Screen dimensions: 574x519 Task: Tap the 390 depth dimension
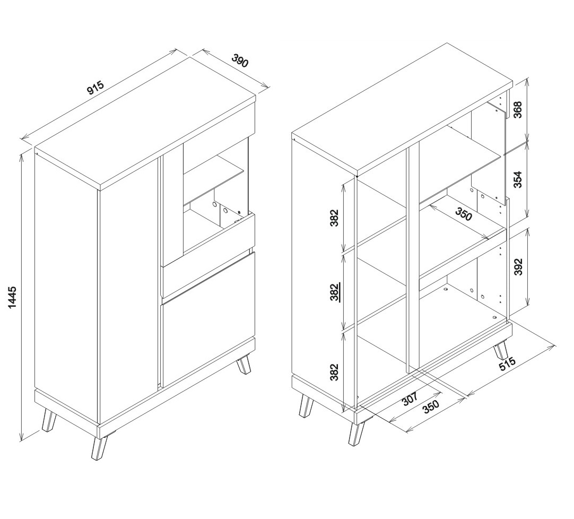click(240, 60)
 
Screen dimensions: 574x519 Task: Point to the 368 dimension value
click(518, 109)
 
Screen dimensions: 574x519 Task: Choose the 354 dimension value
click(518, 179)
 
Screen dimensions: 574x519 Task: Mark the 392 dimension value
click(518, 266)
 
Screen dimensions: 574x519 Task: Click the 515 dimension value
click(507, 364)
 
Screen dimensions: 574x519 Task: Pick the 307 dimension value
click(410, 399)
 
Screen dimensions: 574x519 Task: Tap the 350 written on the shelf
click(464, 214)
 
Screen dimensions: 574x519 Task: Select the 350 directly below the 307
click(431, 407)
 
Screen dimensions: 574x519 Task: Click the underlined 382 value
click(335, 292)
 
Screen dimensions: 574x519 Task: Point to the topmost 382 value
click(335, 218)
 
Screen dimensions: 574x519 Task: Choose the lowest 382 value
click(335, 372)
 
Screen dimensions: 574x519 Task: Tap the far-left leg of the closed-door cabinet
click(48, 420)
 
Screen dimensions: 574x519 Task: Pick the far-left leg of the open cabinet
click(306, 406)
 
